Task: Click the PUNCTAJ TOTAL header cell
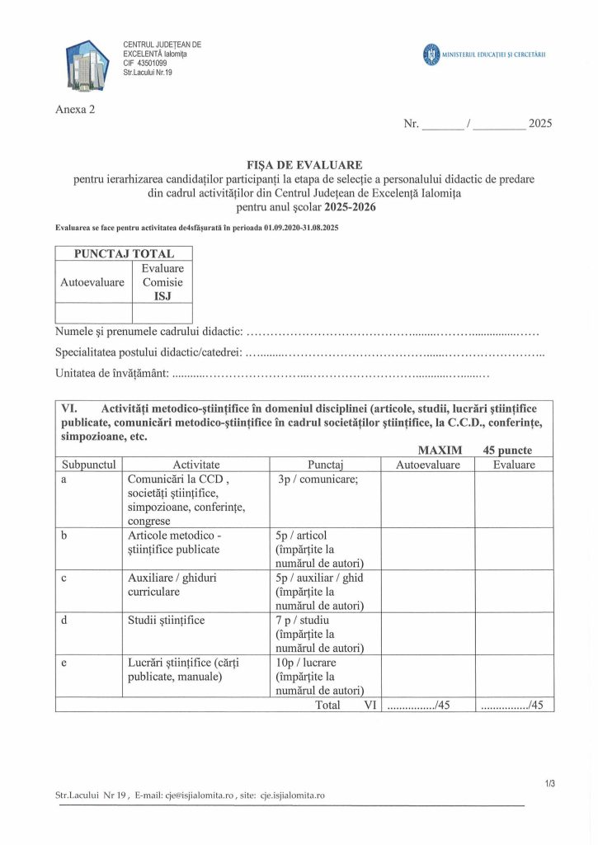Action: click(x=124, y=253)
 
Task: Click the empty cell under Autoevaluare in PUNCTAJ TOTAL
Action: click(x=93, y=313)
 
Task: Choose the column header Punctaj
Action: click(x=325, y=465)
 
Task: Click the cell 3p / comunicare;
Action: click(x=318, y=479)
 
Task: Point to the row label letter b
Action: click(x=64, y=536)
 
